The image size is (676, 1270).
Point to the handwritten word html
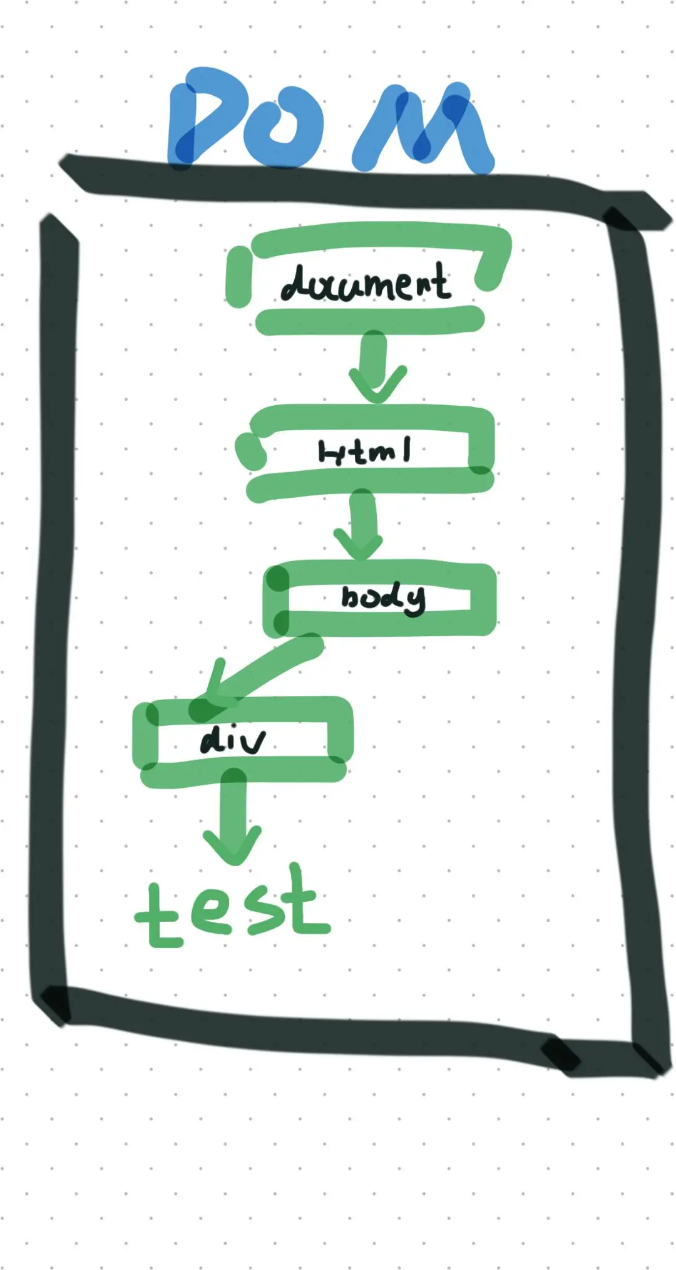pyautogui.click(x=364, y=451)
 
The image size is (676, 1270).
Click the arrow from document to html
pyautogui.click(x=376, y=366)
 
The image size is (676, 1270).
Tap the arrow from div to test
pyautogui.click(x=233, y=820)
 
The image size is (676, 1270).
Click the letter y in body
pyautogui.click(x=414, y=601)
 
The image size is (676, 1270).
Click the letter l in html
pyautogui.click(x=407, y=449)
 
